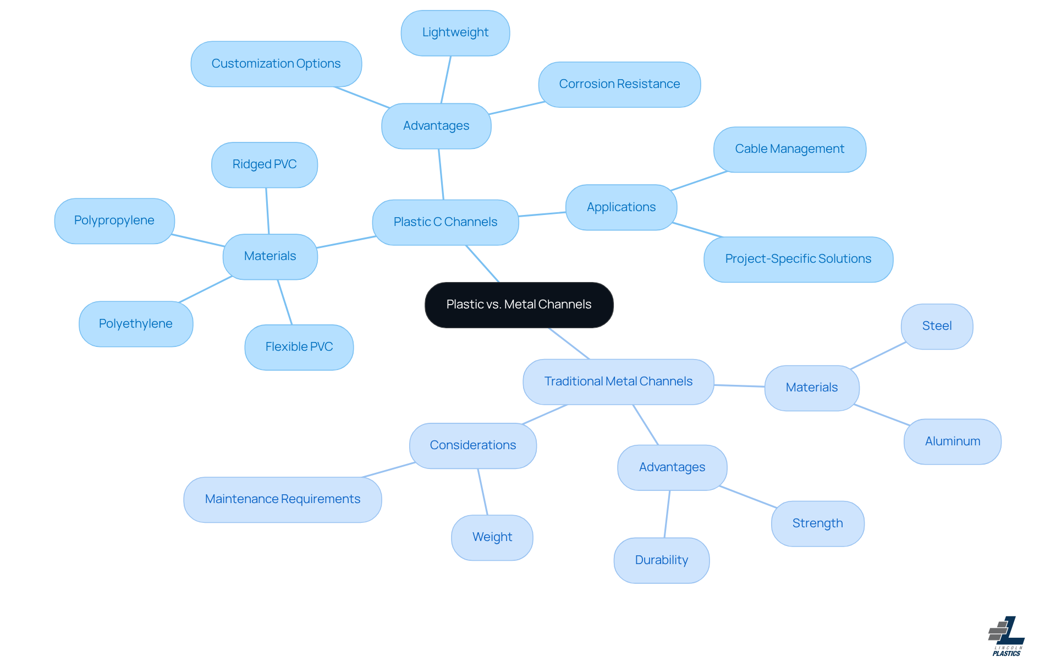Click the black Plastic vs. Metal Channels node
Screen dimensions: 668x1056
pyautogui.click(x=519, y=305)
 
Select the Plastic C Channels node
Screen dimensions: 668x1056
pyautogui.click(x=445, y=222)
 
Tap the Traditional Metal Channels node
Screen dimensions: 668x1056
pyautogui.click(x=618, y=382)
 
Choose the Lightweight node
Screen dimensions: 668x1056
pyautogui.click(x=455, y=33)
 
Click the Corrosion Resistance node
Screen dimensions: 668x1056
pyautogui.click(x=619, y=84)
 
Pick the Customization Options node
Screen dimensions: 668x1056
pyautogui.click(x=276, y=64)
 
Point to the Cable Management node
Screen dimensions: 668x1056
pyautogui.click(x=789, y=149)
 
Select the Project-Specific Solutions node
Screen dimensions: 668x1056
pyautogui.click(x=798, y=259)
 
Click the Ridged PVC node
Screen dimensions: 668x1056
pyautogui.click(x=264, y=164)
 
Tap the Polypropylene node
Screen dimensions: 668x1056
pyautogui.click(x=114, y=220)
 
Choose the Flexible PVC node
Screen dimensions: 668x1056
pyautogui.click(x=299, y=347)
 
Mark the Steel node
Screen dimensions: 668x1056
pyautogui.click(x=937, y=326)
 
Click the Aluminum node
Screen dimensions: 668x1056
pyautogui.click(x=952, y=441)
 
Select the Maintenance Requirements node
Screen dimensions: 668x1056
pyautogui.click(x=282, y=499)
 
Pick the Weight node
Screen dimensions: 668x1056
pyautogui.click(x=492, y=537)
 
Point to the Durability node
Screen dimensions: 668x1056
pyautogui.click(x=661, y=560)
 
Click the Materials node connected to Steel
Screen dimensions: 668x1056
pyautogui.click(x=811, y=388)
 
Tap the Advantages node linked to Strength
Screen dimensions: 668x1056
pyautogui.click(x=672, y=467)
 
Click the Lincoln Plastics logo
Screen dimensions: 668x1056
pyautogui.click(x=1007, y=636)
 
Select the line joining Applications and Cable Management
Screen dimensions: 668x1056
pyautogui.click(x=698, y=181)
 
